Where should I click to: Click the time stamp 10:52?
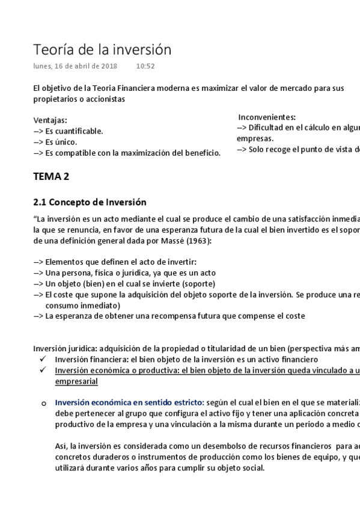(x=145, y=66)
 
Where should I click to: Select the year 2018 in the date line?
(x=109, y=66)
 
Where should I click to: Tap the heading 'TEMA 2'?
(x=55, y=176)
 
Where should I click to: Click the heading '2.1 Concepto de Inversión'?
(x=90, y=202)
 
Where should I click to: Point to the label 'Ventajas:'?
(x=50, y=120)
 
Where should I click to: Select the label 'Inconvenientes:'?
(x=267, y=117)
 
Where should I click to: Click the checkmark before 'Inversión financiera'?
(x=42, y=359)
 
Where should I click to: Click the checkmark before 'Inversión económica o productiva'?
(x=42, y=370)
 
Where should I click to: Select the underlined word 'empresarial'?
(x=76, y=381)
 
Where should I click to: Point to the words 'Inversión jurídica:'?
(x=65, y=348)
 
